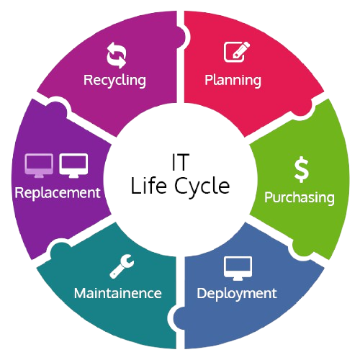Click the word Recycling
(x=114, y=80)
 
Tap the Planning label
(x=233, y=80)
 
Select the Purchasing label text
(x=300, y=198)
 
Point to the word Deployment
(x=237, y=294)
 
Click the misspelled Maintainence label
(x=118, y=293)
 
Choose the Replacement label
(x=58, y=193)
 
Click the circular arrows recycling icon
(x=117, y=55)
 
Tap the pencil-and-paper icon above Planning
(x=237, y=52)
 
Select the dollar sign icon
(x=302, y=169)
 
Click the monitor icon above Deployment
(x=238, y=269)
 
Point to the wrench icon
(x=122, y=266)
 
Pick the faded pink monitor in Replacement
(x=39, y=166)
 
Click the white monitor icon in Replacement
(x=73, y=166)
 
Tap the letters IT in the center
(x=181, y=162)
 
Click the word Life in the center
(x=148, y=185)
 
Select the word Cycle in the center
(x=202, y=187)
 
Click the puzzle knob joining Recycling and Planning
(x=181, y=37)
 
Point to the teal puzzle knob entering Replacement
(x=60, y=251)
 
